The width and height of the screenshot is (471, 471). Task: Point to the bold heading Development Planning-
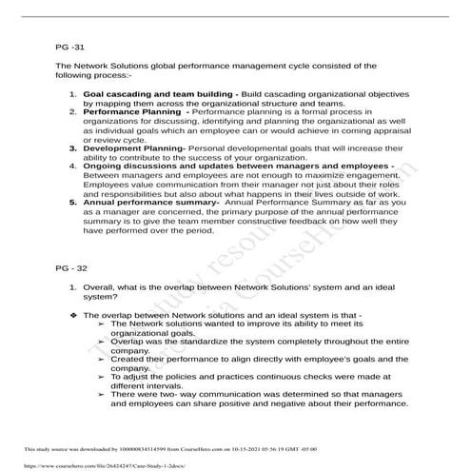[x=136, y=148]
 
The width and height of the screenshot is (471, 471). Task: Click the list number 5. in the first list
[x=74, y=202]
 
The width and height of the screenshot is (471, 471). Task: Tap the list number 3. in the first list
[x=74, y=148]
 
